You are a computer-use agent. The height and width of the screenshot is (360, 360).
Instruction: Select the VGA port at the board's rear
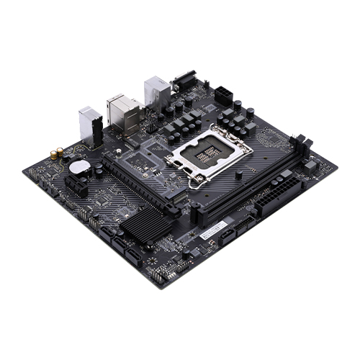pos(183,81)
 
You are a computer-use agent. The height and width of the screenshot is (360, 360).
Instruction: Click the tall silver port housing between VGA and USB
pos(156,91)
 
